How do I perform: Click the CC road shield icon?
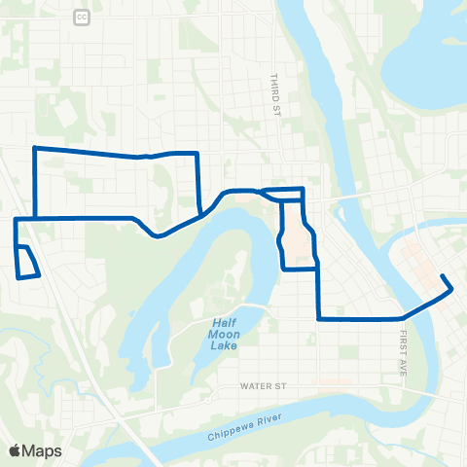pyautogui.click(x=81, y=18)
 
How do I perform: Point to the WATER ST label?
pyautogui.click(x=266, y=386)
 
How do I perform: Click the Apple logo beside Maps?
pyautogui.click(x=16, y=450)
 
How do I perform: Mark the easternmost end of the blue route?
pyautogui.click(x=453, y=288)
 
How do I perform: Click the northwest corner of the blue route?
pyautogui.click(x=35, y=148)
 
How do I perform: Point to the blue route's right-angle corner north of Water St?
pyautogui.click(x=318, y=318)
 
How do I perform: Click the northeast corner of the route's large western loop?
pyautogui.click(x=198, y=153)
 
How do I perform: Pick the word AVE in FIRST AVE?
pyautogui.click(x=401, y=367)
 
